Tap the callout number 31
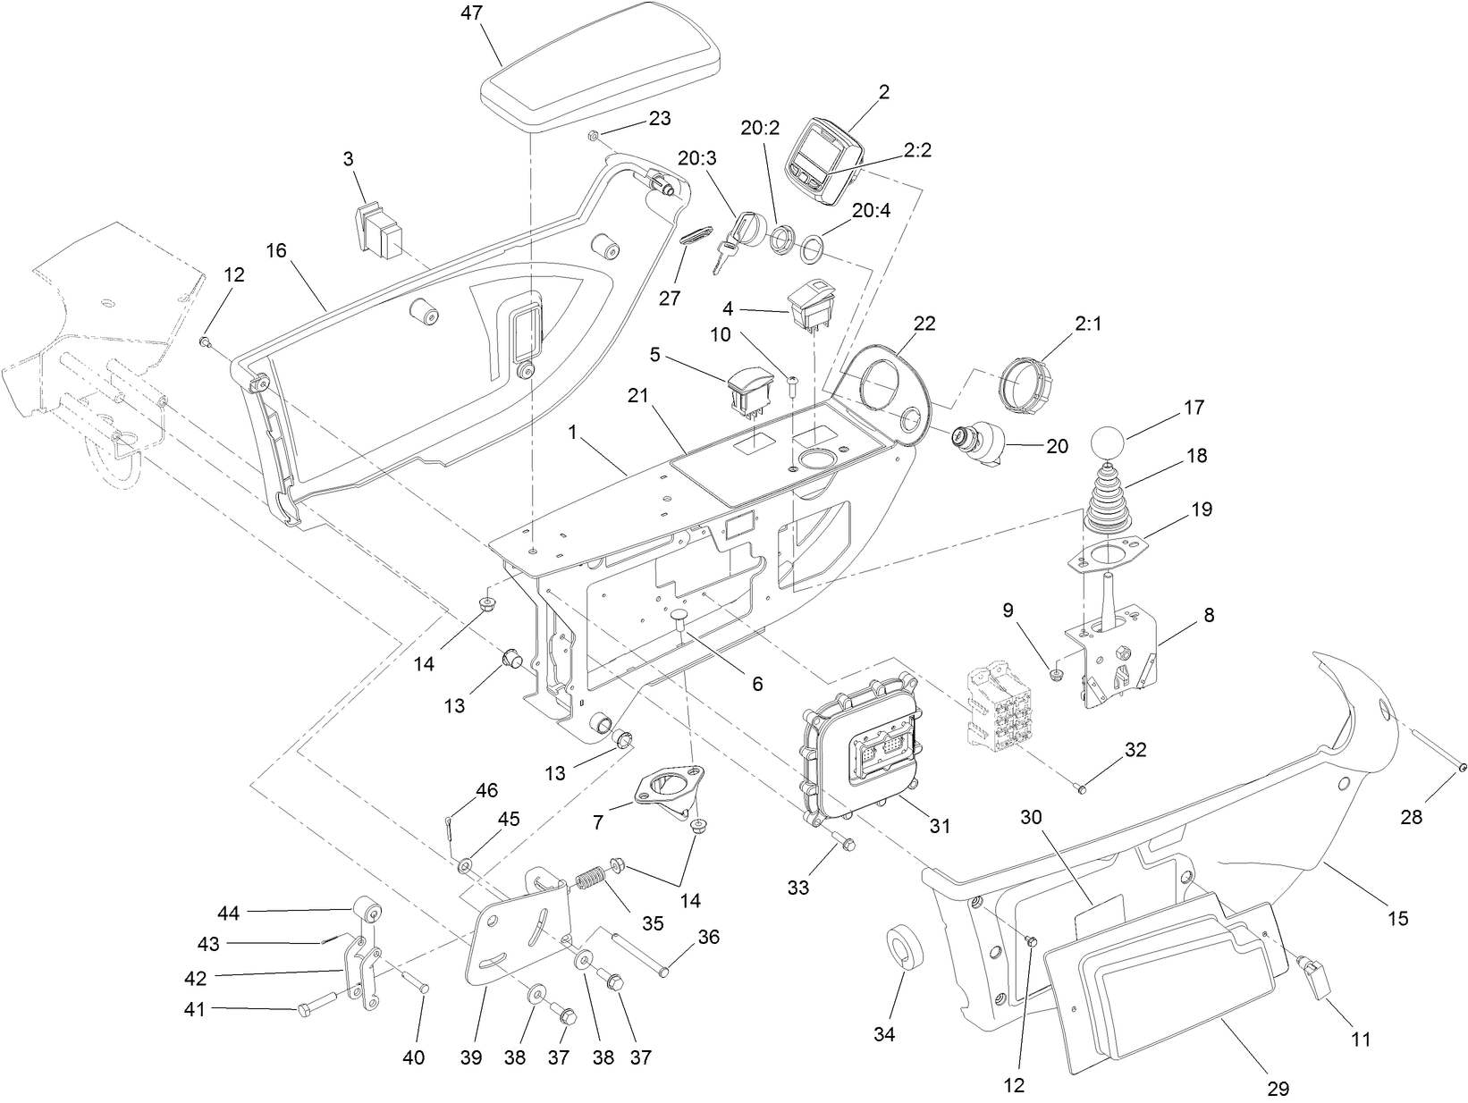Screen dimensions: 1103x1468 pos(939,826)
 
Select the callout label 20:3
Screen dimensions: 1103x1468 pos(696,158)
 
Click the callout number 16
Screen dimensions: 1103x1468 pos(276,250)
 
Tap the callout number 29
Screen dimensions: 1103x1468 pos(1278,1089)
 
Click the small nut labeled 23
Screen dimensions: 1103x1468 pos(593,135)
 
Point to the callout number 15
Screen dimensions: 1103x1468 pos(1397,917)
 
